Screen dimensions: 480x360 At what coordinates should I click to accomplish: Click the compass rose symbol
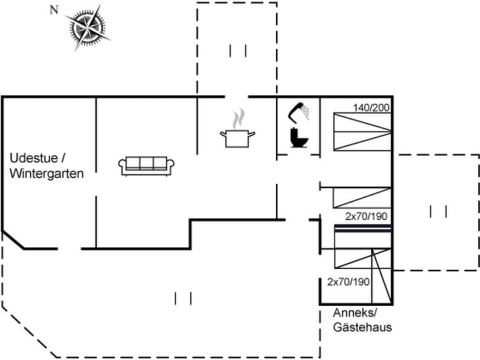[88, 27]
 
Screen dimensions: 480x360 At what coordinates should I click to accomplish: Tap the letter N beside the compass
[54, 10]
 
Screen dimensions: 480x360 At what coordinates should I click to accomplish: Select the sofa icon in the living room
[146, 167]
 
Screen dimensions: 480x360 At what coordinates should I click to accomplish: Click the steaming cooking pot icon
[238, 128]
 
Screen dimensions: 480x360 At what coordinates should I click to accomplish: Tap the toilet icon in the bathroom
[299, 138]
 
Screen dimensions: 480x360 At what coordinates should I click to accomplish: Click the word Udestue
[34, 158]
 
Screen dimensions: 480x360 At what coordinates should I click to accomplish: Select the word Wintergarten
[46, 174]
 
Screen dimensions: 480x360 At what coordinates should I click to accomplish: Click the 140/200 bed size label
[371, 107]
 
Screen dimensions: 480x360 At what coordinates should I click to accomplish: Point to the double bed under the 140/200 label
[362, 132]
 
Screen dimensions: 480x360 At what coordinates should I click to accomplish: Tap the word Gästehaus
[362, 327]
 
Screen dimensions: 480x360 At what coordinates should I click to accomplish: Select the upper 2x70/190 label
[366, 216]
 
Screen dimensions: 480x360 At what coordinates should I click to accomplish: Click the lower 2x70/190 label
[348, 282]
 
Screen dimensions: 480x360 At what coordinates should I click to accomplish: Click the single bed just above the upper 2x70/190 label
[362, 198]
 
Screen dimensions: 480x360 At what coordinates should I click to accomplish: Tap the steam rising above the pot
[238, 118]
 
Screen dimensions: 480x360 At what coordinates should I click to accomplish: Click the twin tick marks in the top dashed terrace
[238, 51]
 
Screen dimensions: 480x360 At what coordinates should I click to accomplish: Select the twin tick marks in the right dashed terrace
[439, 212]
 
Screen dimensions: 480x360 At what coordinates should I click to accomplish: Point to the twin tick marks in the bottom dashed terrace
[183, 298]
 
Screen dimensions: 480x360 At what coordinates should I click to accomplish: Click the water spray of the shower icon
[306, 112]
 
